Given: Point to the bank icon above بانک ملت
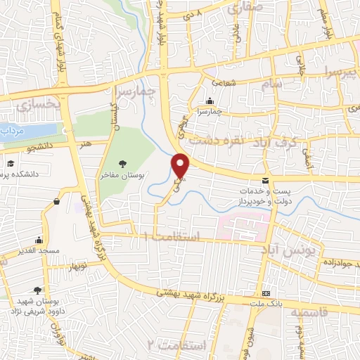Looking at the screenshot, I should [266, 292].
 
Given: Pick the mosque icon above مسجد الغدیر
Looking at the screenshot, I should [39, 239].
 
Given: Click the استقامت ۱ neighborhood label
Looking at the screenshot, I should [173, 236].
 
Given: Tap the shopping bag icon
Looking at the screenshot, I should [56, 202].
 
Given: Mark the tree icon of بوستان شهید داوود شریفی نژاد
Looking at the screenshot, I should [37, 289].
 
